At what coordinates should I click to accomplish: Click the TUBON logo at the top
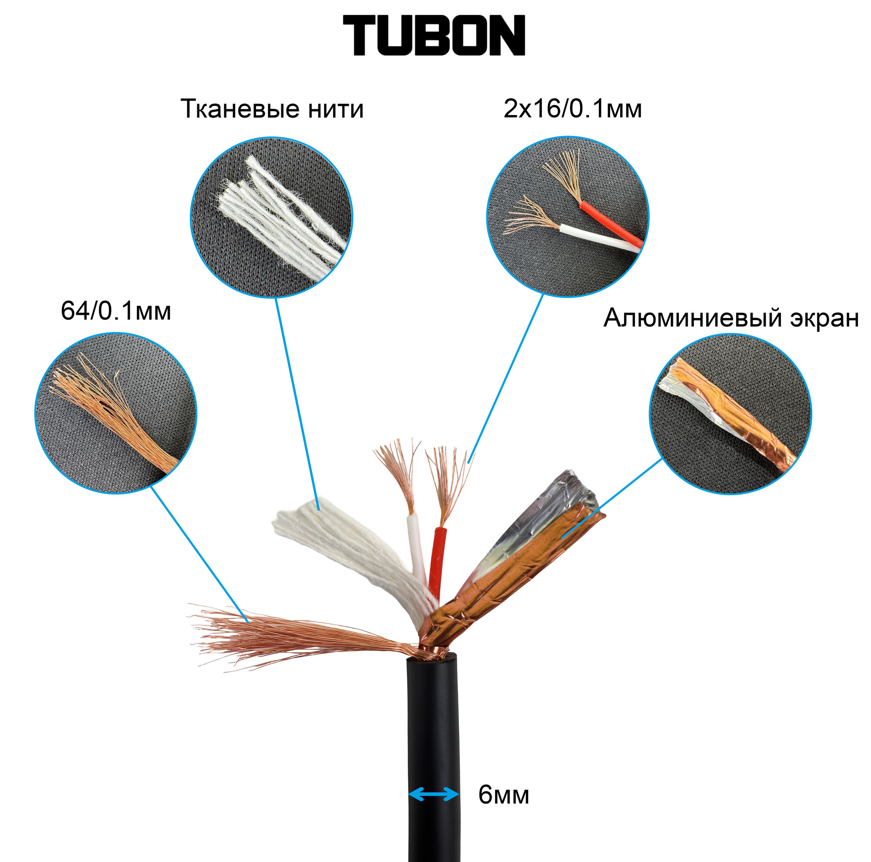(434, 36)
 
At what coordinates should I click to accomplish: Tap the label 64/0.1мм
(116, 311)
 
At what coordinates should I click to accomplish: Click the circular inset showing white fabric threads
(271, 217)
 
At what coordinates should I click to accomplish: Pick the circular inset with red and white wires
(567, 217)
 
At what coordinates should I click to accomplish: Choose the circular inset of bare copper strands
(116, 413)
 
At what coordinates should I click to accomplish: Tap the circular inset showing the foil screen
(730, 414)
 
